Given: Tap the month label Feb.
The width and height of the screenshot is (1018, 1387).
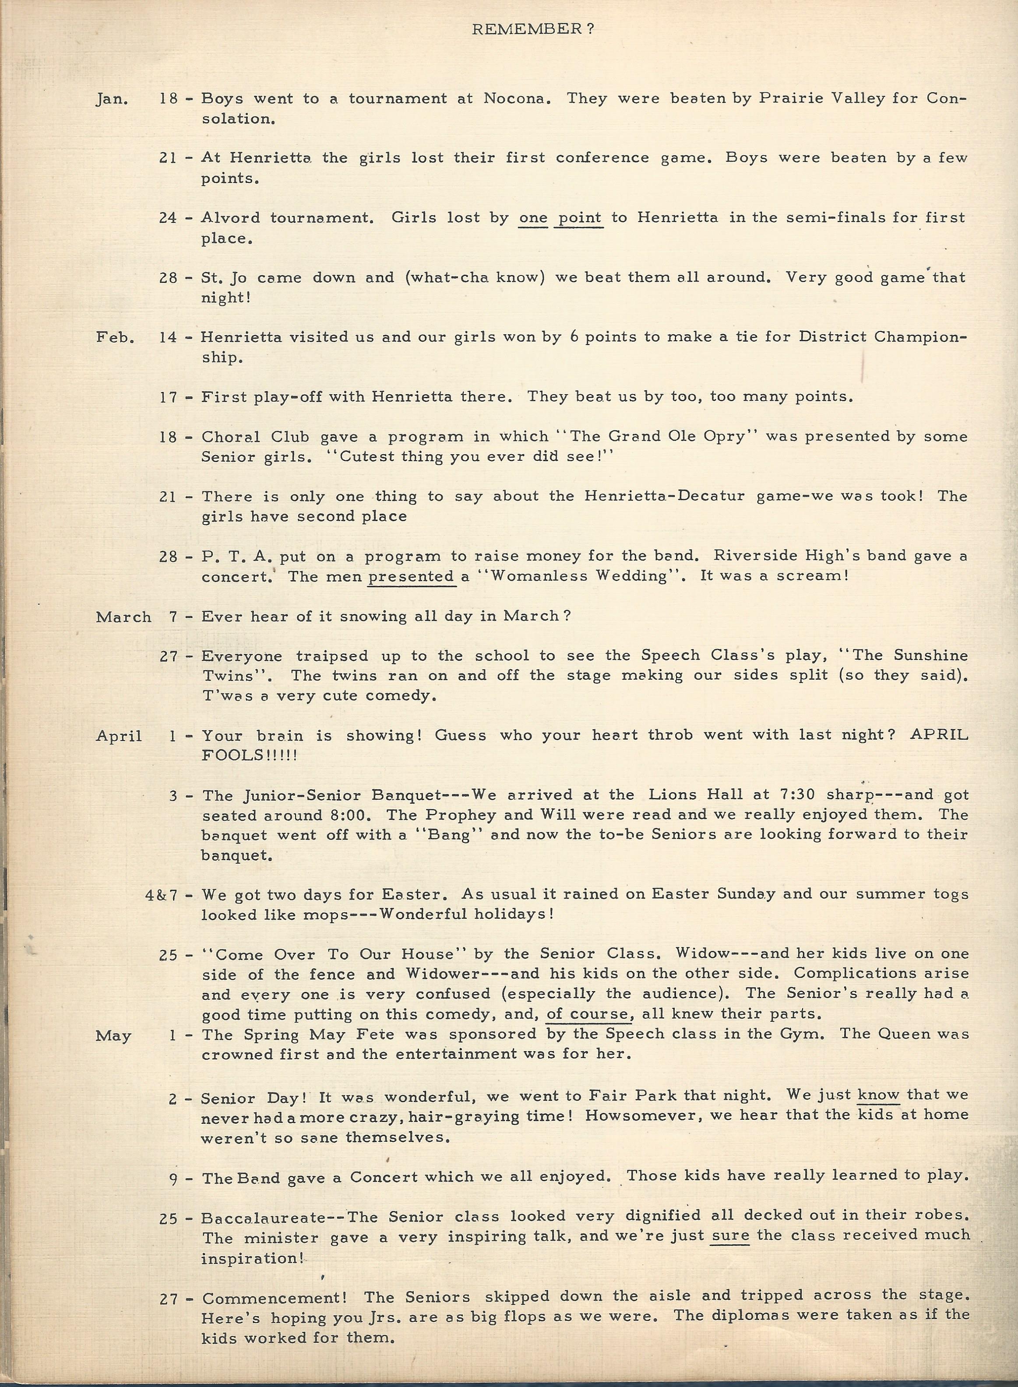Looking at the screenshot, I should pyautogui.click(x=115, y=337).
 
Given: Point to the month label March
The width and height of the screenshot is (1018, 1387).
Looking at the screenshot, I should pyautogui.click(x=123, y=617).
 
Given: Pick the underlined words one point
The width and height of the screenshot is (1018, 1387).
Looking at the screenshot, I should pyautogui.click(x=560, y=218).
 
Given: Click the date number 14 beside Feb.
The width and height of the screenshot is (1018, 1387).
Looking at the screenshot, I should pyautogui.click(x=168, y=337).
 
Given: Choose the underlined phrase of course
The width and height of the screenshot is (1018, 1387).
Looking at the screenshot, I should pyautogui.click(x=590, y=1014).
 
